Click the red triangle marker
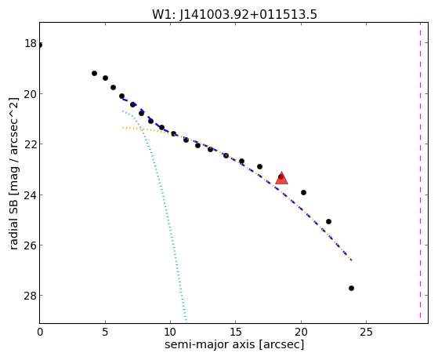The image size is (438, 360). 281,178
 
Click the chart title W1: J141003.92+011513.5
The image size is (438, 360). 234,14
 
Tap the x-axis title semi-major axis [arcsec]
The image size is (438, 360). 234,344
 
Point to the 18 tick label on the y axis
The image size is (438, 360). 31,43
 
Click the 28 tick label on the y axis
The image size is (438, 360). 31,296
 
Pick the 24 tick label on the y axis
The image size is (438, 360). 31,195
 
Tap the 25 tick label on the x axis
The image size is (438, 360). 366,332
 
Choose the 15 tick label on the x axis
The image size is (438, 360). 236,332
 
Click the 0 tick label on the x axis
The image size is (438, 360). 40,332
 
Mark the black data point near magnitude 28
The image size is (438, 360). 351,288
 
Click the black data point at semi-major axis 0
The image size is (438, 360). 40,45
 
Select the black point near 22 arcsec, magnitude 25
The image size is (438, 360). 328,221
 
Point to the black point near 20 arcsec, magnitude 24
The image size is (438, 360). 304,192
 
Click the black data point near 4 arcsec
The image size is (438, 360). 94,73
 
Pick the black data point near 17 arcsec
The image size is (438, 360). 259,167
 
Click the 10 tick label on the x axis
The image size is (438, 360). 170,332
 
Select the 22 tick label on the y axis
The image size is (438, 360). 31,144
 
